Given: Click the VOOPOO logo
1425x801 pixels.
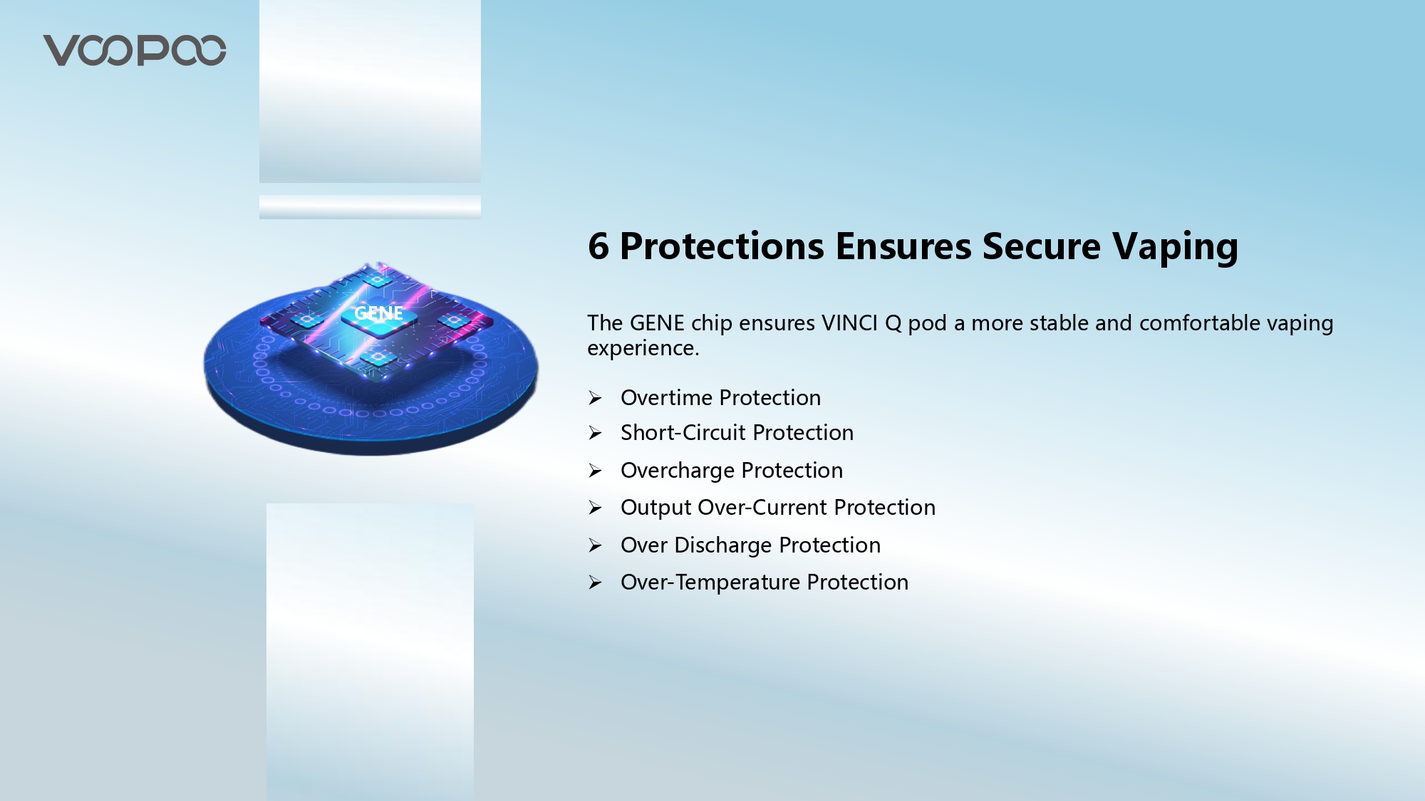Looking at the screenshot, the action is [x=135, y=51].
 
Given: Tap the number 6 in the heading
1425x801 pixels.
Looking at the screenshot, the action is [x=598, y=246].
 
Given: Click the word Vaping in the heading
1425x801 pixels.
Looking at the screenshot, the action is [x=1176, y=248].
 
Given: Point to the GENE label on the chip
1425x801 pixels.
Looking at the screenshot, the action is [x=378, y=313].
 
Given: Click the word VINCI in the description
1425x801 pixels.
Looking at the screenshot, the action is [x=850, y=323].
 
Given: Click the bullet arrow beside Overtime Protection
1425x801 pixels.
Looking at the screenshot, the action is [x=596, y=398].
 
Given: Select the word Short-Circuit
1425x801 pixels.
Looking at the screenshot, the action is [x=683, y=433].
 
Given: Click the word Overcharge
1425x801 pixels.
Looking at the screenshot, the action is [x=678, y=471].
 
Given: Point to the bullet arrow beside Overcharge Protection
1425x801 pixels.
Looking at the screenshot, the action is [x=596, y=471].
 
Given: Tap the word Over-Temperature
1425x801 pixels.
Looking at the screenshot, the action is [x=710, y=583].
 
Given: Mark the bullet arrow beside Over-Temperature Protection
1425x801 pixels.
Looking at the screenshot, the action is [x=596, y=583].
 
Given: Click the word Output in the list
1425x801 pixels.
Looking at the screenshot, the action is [x=656, y=508].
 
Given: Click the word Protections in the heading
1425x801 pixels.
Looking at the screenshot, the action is [x=722, y=246].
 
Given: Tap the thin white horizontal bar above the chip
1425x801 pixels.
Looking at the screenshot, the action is [x=370, y=207].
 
